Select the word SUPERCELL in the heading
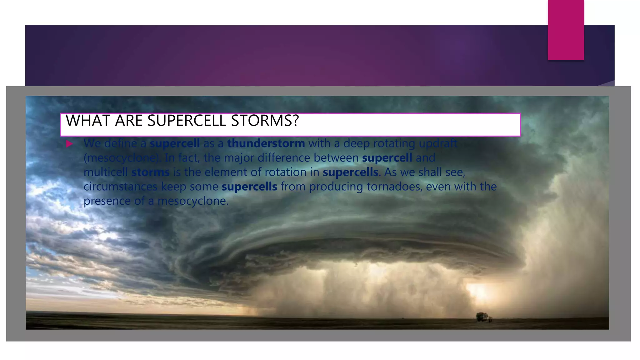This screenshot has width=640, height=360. [187, 121]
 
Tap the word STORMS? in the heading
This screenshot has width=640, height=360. [265, 121]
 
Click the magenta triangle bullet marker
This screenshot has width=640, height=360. [69, 144]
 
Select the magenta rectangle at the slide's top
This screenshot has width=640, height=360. [566, 30]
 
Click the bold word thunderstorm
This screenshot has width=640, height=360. [266, 143]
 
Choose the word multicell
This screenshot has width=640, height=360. [106, 172]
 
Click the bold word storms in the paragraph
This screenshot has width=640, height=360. [150, 172]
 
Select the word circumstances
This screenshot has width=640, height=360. [120, 187]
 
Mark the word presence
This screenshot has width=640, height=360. [107, 201]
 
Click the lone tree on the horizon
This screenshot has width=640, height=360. [482, 317]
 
